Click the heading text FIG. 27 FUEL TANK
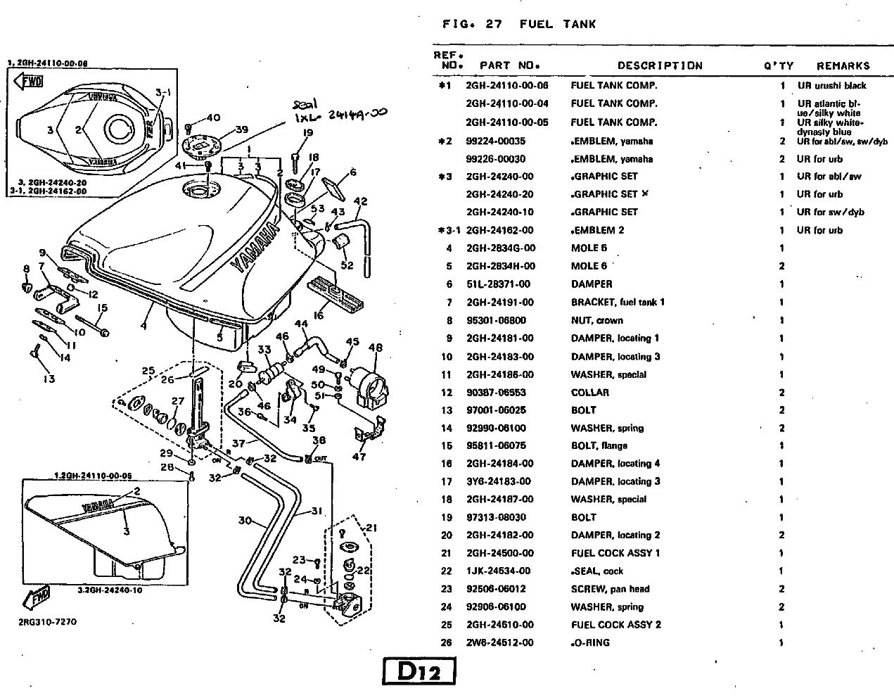pyautogui.click(x=519, y=24)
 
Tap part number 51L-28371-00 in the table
pyautogui.click(x=498, y=284)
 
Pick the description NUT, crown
pyautogui.click(x=596, y=320)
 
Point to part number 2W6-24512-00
pyautogui.click(x=499, y=642)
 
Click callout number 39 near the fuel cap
pyautogui.click(x=241, y=129)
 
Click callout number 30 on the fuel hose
pyautogui.click(x=245, y=521)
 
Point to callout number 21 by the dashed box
pyautogui.click(x=371, y=528)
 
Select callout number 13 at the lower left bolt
pyautogui.click(x=48, y=379)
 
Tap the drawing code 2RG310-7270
pyautogui.click(x=47, y=622)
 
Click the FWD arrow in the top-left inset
pyautogui.click(x=31, y=82)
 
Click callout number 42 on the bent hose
pyautogui.click(x=360, y=202)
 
